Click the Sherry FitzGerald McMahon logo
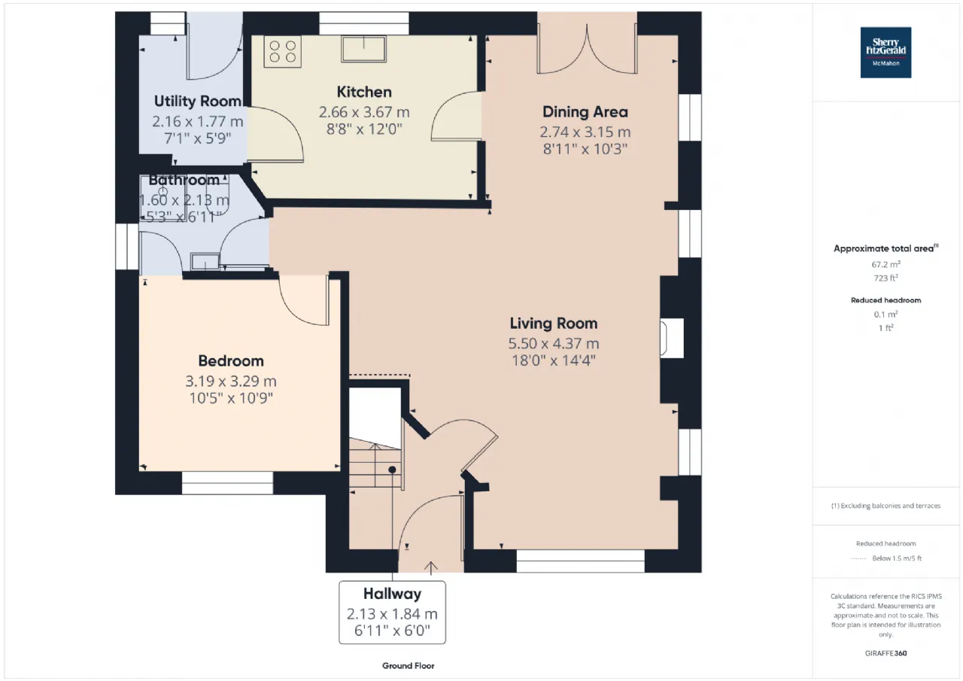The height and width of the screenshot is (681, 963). point(886,53)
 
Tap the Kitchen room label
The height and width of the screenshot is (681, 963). point(364,92)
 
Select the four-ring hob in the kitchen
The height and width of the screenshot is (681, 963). point(282,51)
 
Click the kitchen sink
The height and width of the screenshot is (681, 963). point(363,49)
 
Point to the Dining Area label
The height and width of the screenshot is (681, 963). point(585,112)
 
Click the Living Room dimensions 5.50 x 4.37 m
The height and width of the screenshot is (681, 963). point(554,343)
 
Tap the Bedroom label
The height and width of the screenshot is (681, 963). point(231,361)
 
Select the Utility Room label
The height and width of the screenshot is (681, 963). point(197,102)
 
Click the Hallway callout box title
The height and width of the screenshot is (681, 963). point(392,594)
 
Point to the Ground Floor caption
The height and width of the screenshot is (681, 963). point(408,665)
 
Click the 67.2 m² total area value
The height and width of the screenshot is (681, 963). point(886,264)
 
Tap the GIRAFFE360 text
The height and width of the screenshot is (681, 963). point(886,653)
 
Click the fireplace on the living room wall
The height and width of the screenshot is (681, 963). point(672,338)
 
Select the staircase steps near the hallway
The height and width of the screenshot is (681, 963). point(375,463)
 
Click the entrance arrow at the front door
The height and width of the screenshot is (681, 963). point(431,567)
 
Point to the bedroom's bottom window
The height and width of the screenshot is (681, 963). point(227,483)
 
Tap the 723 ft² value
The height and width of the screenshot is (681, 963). point(886,278)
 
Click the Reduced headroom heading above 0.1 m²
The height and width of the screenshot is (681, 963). point(886,300)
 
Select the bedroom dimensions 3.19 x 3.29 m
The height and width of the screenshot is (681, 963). point(231,382)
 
